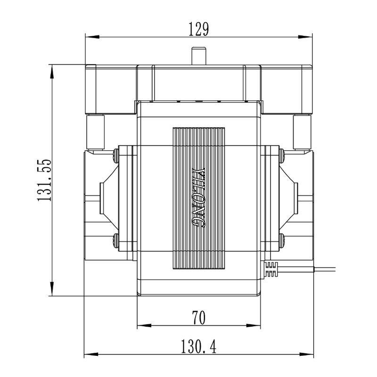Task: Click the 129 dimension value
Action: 198,29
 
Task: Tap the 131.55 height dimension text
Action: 44,180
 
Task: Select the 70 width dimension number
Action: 198,318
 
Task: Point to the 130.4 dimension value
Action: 198,346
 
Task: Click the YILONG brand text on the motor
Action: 199,197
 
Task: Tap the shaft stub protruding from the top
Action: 199,56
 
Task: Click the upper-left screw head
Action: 116,156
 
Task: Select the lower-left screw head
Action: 116,240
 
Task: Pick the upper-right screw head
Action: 281,156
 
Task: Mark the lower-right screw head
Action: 281,240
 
